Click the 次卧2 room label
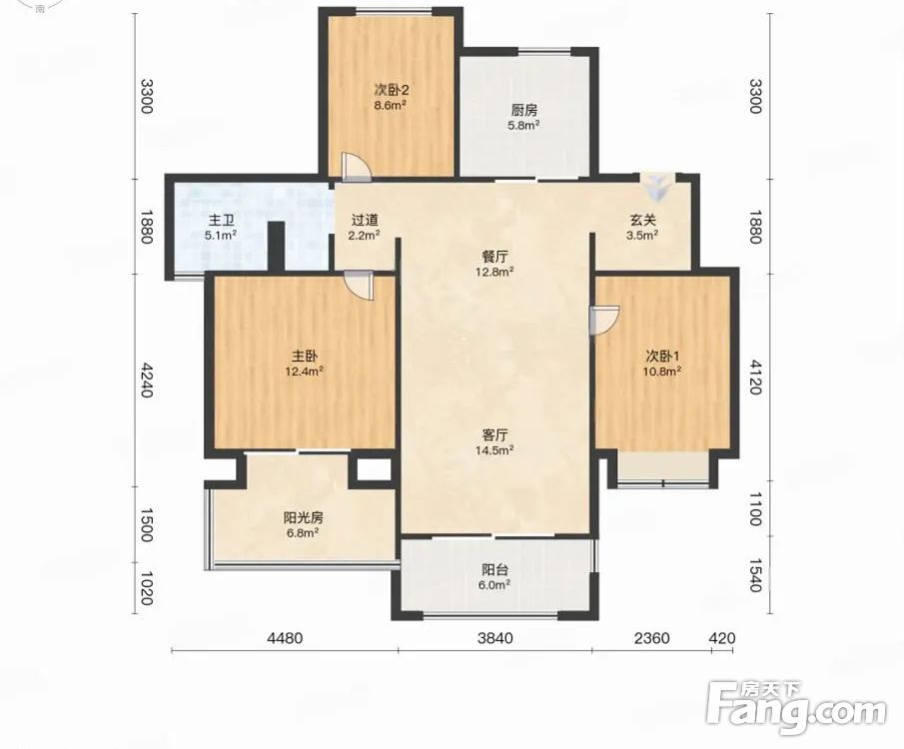point(392,91)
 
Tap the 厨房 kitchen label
point(524,110)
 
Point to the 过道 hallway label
point(365,221)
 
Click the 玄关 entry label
point(643,221)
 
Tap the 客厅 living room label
point(494,434)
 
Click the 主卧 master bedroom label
point(305,357)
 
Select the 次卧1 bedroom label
point(662,357)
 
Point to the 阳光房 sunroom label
point(304,518)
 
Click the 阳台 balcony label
point(494,570)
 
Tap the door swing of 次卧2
point(356,165)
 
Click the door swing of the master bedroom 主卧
point(359,285)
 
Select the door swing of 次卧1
point(604,320)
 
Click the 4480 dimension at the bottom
point(285,638)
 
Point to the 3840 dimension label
point(494,638)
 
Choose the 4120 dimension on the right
point(755,376)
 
